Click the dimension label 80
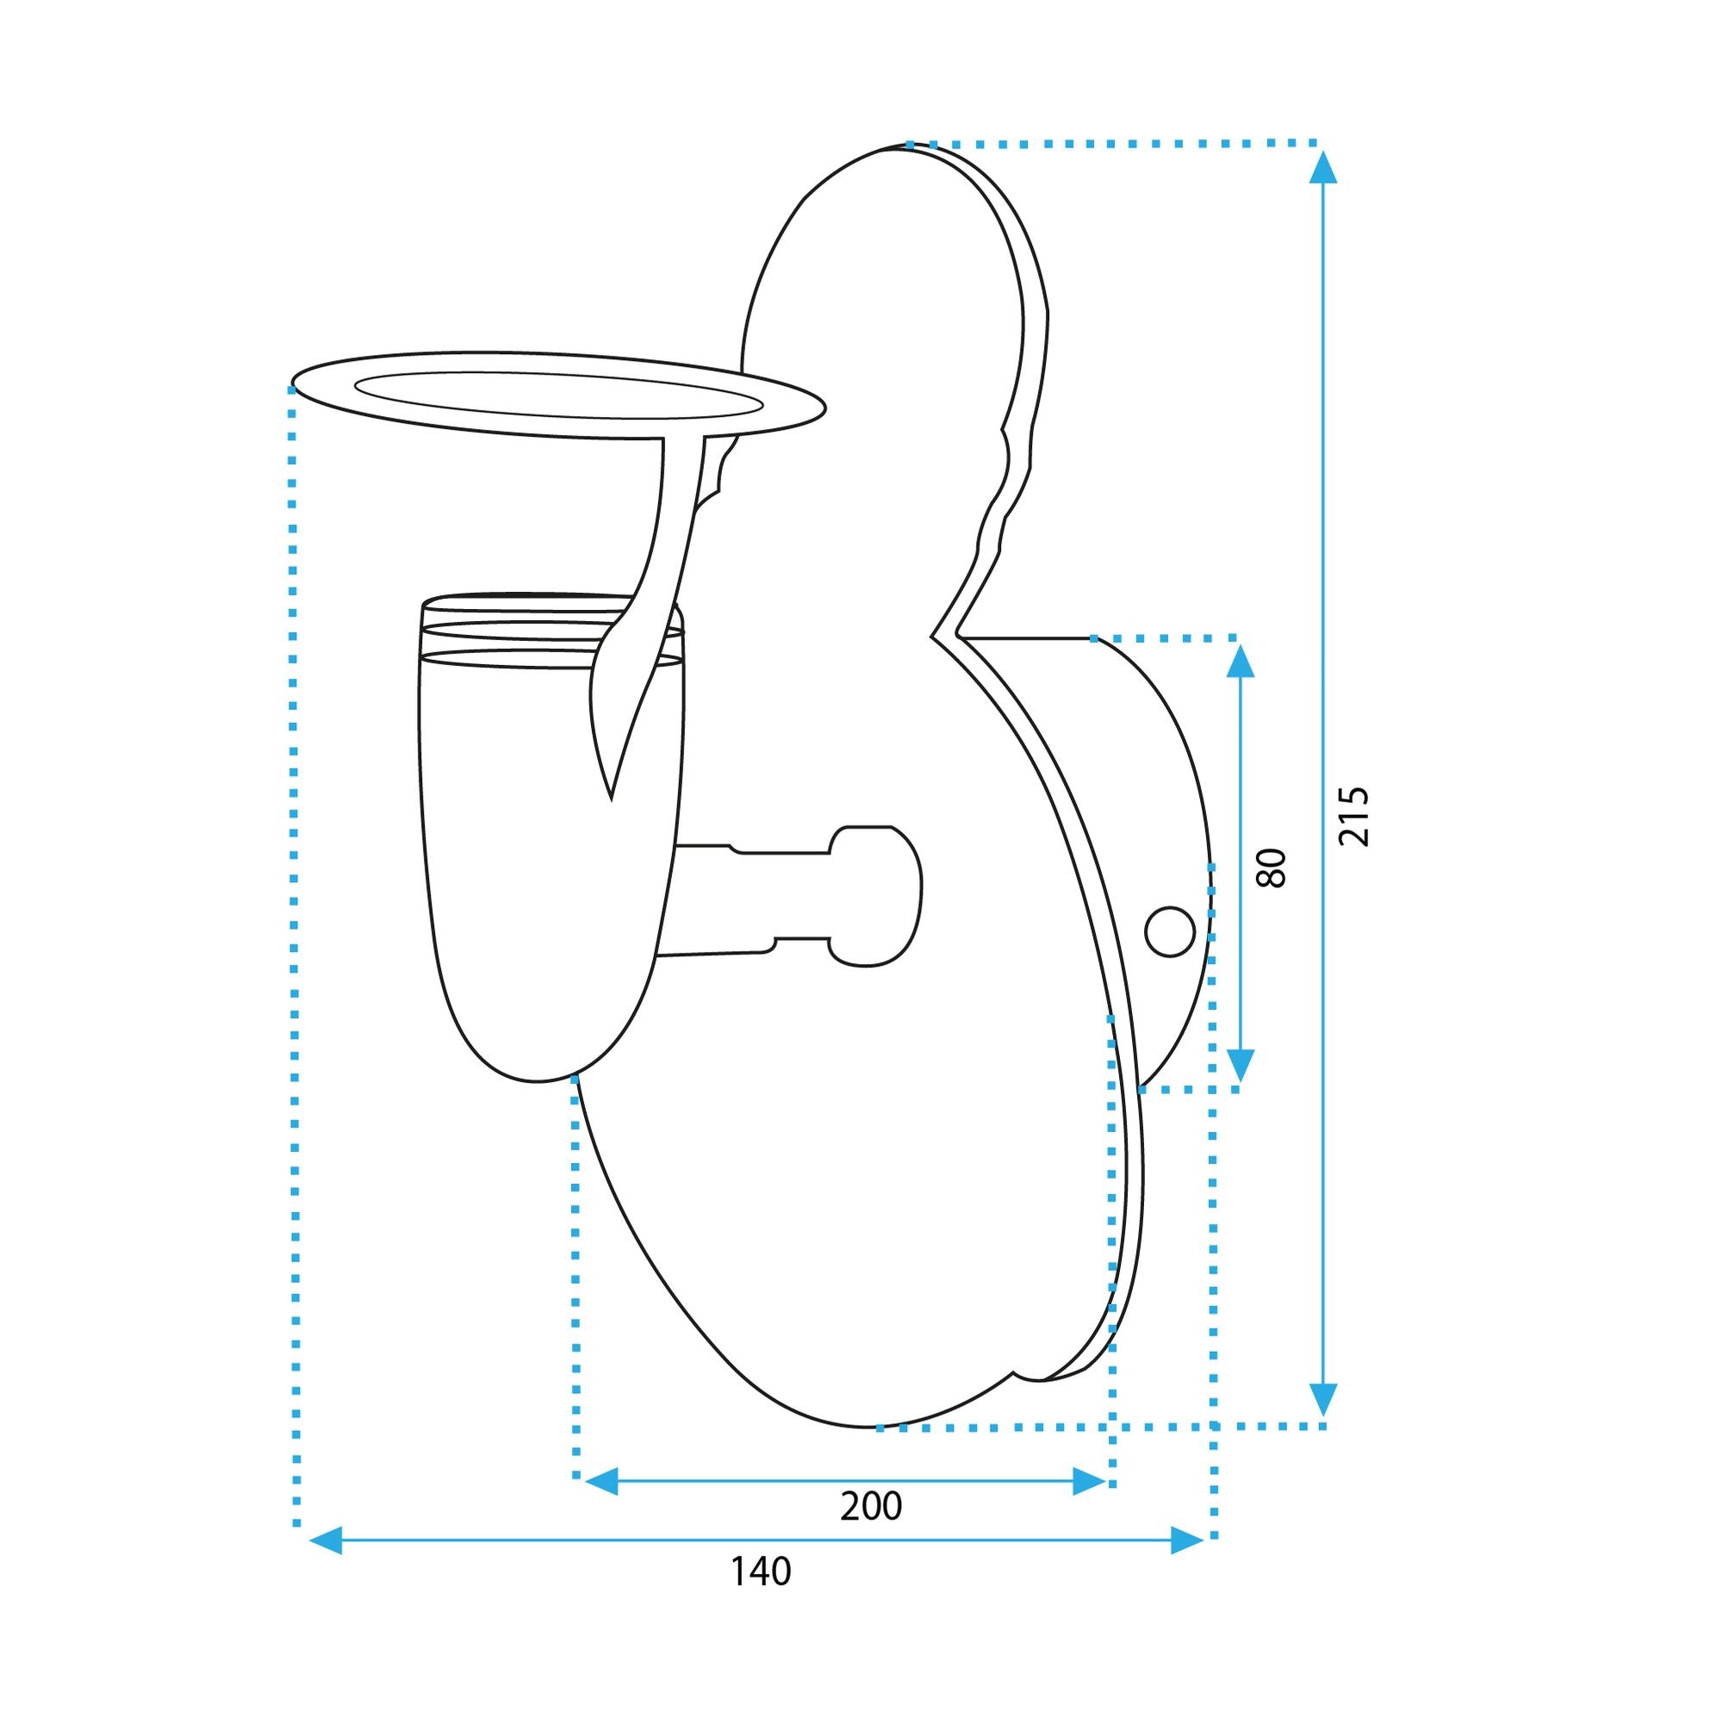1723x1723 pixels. pos(1271,867)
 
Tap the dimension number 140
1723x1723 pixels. pos(761,1596)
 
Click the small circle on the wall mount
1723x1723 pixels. pos(1169,931)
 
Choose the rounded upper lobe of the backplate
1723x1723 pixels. pos(892,268)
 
